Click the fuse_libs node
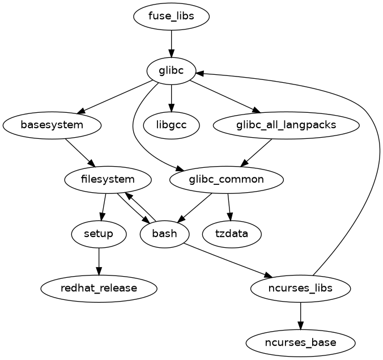[171, 16]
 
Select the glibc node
[171, 70]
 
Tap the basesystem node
[52, 125]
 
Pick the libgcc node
[171, 125]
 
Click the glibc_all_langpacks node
[286, 125]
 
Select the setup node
[99, 234]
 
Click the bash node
[164, 234]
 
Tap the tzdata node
[232, 234]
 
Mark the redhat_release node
[99, 288]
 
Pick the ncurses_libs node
[300, 288]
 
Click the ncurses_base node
[300, 342]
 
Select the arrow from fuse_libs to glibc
[171, 43]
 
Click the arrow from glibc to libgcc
[171, 98]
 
